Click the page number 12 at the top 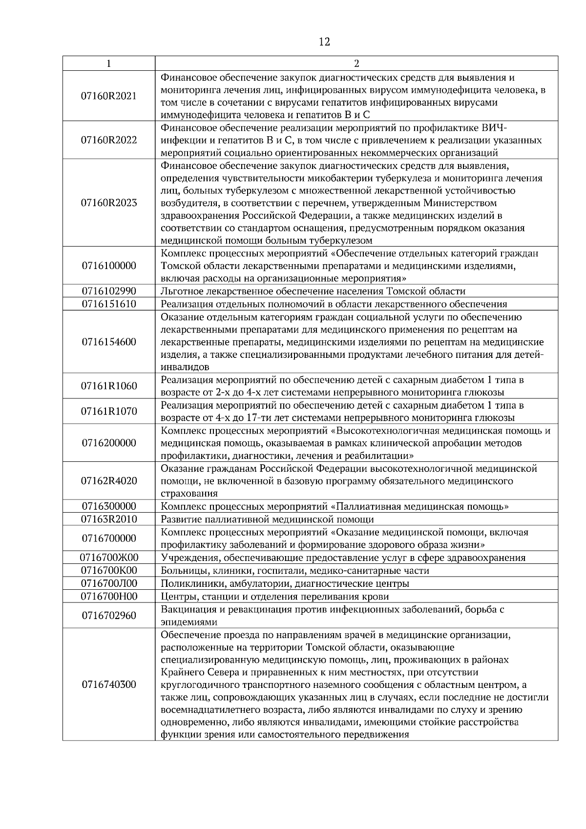click(x=324, y=42)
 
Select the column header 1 click(x=108, y=63)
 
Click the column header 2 click(x=356, y=63)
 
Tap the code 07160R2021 click(x=109, y=96)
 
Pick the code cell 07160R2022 click(x=109, y=141)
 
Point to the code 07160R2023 click(x=109, y=203)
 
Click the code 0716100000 click(x=109, y=266)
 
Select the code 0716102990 click(x=109, y=291)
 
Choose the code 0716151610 click(x=109, y=304)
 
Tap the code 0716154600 click(x=109, y=342)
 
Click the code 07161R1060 click(x=109, y=386)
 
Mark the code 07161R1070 click(x=109, y=412)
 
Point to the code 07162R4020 click(x=109, y=481)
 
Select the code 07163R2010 click(x=109, y=519)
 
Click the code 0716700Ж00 click(x=109, y=558)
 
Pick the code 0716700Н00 click(x=109, y=596)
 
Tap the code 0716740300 click(x=109, y=684)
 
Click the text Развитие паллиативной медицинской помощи click(x=267, y=519)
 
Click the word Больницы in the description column click(x=181, y=571)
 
